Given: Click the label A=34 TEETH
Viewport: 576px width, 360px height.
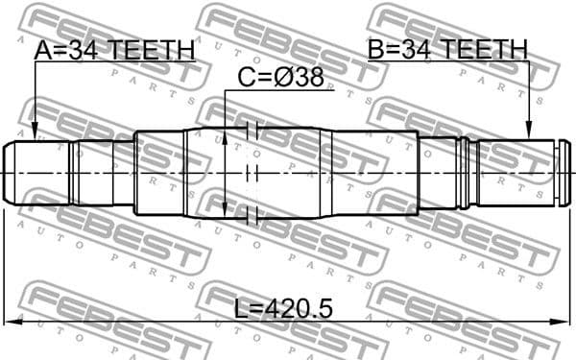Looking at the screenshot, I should coord(114,50).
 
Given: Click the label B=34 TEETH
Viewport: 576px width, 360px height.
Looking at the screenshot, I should coord(446,49).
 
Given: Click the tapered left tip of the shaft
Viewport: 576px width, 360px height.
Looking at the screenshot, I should coord(9,173).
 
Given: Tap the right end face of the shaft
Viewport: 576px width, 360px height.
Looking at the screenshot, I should coord(556,173).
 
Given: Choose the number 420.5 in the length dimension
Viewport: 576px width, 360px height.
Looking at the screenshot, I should coord(299,309).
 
